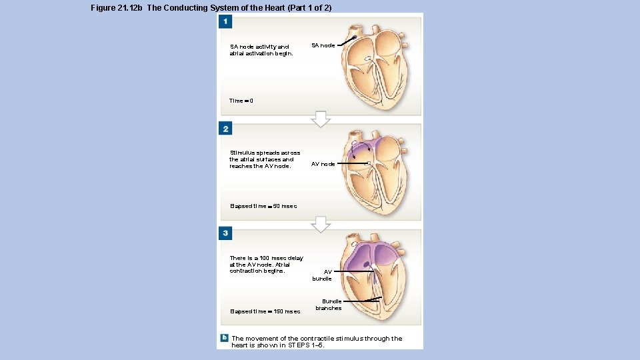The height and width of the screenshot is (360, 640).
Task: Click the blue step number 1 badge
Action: coord(226,23)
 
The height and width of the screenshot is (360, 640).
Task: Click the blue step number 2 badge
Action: coord(226,129)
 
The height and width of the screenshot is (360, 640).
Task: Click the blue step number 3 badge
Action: coord(226,233)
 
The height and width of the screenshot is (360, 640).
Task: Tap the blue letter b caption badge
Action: coord(225,337)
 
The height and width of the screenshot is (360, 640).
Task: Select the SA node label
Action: coord(323,45)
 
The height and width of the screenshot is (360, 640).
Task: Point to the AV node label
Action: coord(323,164)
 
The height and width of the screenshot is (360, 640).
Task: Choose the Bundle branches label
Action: coord(328,305)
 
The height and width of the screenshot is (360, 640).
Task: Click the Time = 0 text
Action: coord(241,101)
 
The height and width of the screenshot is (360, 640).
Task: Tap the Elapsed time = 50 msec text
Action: coord(263,206)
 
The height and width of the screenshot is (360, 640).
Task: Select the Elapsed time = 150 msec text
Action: coord(265,311)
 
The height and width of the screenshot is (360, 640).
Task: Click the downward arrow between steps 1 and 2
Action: coord(321,119)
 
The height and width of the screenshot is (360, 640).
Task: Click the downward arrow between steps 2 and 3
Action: coord(321,225)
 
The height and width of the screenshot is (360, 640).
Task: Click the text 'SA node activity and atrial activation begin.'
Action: coord(261,50)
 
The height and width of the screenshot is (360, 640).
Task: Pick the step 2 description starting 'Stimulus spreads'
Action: coord(265,159)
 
